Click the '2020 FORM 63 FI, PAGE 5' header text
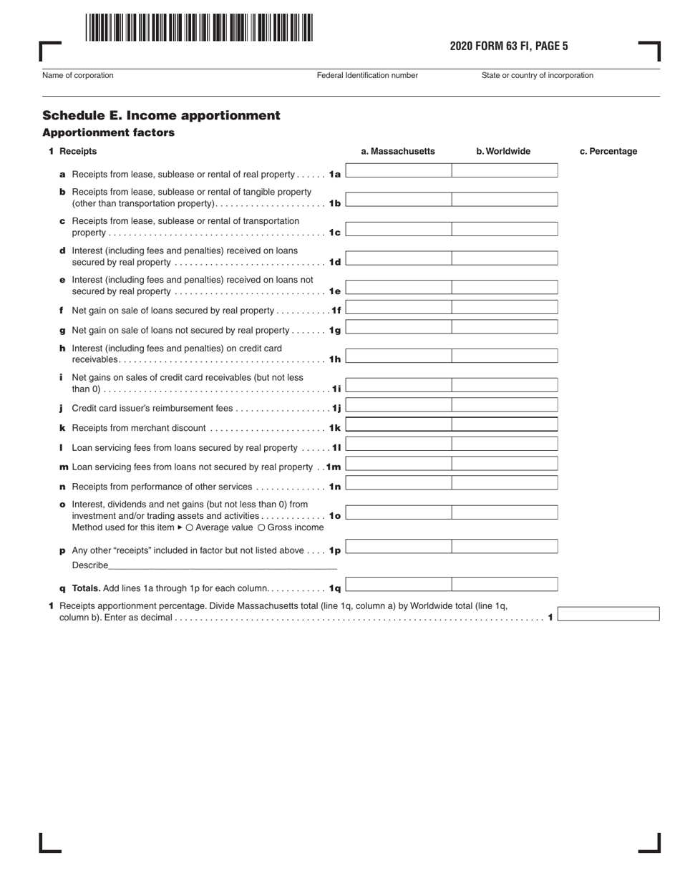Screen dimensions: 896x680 [x=508, y=47]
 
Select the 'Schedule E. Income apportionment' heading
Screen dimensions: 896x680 [x=161, y=115]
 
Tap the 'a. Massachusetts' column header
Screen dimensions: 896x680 [x=397, y=151]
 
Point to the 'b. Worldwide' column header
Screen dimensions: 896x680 [x=503, y=151]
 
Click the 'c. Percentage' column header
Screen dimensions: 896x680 [x=608, y=151]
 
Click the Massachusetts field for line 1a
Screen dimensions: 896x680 [x=399, y=170]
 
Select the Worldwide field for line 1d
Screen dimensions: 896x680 [x=505, y=258]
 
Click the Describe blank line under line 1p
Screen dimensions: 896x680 [x=223, y=565]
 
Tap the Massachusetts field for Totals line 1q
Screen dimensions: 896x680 [x=399, y=585]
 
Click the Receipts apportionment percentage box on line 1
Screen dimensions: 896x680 [x=608, y=613]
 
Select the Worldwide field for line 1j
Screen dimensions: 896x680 [x=505, y=405]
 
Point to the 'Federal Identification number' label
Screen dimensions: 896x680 [x=366, y=75]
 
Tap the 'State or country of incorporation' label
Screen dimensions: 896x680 [x=537, y=75]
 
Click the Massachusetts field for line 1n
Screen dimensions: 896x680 [x=399, y=483]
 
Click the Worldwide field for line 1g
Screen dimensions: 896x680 [x=505, y=327]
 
